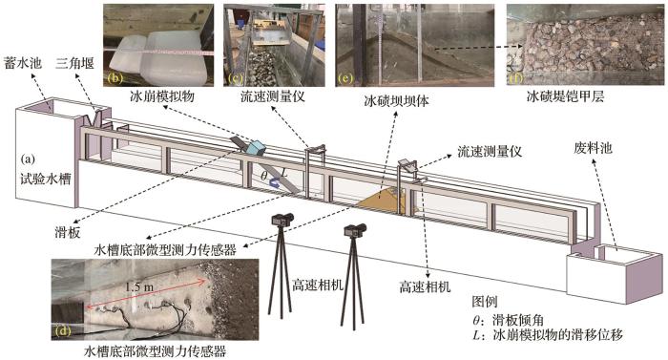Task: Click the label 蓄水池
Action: pos(23,64)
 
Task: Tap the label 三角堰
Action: pos(74,64)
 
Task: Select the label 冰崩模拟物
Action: pos(162,96)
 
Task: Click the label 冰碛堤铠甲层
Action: pos(565,96)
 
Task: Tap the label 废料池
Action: pos(593,148)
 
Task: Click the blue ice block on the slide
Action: pos(256,148)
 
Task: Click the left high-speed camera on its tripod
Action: pos(282,265)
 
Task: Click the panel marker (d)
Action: pos(63,330)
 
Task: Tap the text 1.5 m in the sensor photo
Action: pos(139,287)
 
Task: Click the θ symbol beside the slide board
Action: pos(264,175)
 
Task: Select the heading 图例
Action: pos(485,302)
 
